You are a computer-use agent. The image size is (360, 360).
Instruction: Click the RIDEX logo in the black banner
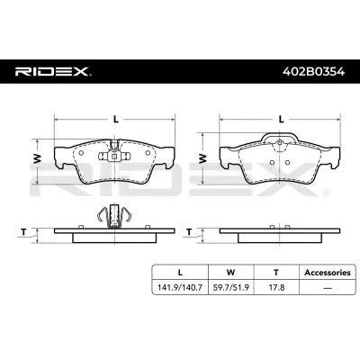(53, 72)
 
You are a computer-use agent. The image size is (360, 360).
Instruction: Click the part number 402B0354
(313, 72)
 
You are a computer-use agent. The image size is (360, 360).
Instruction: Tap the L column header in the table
(180, 273)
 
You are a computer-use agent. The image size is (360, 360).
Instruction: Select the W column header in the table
(230, 273)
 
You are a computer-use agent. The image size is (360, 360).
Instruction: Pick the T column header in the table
(276, 273)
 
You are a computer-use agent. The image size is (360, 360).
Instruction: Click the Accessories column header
(328, 273)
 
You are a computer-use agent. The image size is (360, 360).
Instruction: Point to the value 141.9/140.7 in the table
(180, 287)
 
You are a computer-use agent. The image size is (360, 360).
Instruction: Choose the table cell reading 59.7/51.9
(230, 287)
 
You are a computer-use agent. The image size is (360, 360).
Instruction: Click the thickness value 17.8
(276, 287)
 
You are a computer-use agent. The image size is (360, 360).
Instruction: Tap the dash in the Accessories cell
(328, 288)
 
